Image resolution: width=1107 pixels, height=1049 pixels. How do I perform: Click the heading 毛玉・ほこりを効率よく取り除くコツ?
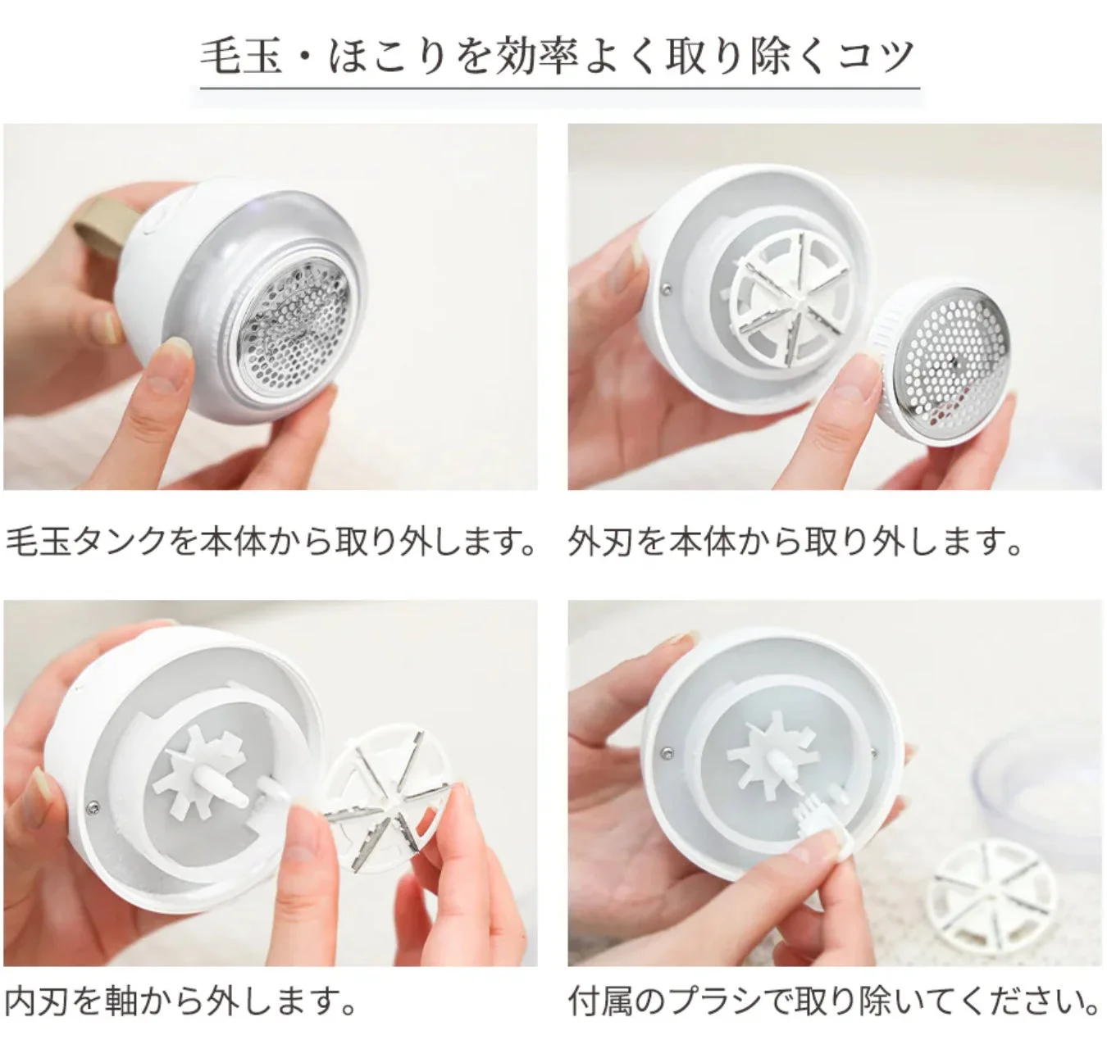point(558,56)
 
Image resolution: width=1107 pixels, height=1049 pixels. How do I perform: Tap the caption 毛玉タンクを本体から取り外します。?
point(271,542)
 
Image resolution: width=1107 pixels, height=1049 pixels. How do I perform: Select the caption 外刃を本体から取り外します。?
point(795,542)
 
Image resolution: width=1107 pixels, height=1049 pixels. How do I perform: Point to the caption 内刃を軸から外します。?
point(182,1001)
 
